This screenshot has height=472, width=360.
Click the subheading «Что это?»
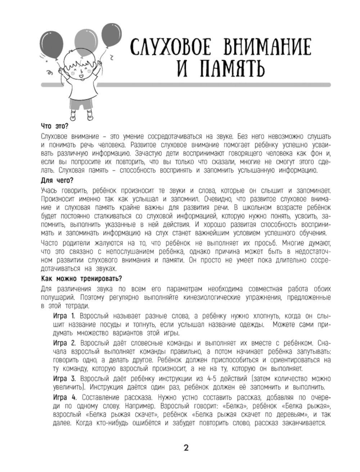click(55, 127)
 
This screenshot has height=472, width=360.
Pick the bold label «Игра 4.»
click(65, 397)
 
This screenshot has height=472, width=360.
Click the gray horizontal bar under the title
click(216, 85)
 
